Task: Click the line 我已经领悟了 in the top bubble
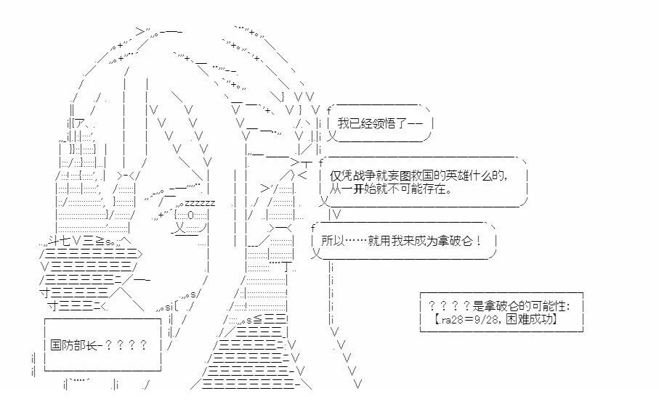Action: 385,123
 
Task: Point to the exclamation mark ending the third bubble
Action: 479,240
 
